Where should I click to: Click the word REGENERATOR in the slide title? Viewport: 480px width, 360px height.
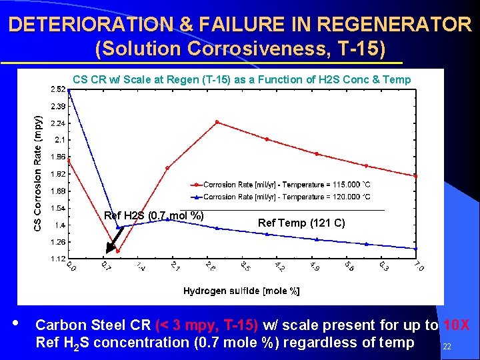click(394, 25)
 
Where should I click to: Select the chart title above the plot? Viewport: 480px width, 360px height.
click(242, 79)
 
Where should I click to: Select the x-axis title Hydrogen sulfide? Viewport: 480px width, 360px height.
click(241, 291)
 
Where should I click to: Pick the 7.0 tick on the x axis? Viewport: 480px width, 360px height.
click(418, 267)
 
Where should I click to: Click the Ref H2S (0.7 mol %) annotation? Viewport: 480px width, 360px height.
click(154, 215)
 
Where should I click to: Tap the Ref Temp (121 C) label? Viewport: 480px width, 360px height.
click(301, 223)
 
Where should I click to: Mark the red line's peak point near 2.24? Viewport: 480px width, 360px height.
click(217, 122)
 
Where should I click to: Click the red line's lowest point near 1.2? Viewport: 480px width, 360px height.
click(118, 251)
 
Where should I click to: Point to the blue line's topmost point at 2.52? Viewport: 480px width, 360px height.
click(69, 90)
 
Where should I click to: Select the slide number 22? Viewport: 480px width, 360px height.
click(447, 347)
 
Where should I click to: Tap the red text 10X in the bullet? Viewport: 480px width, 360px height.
click(456, 325)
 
